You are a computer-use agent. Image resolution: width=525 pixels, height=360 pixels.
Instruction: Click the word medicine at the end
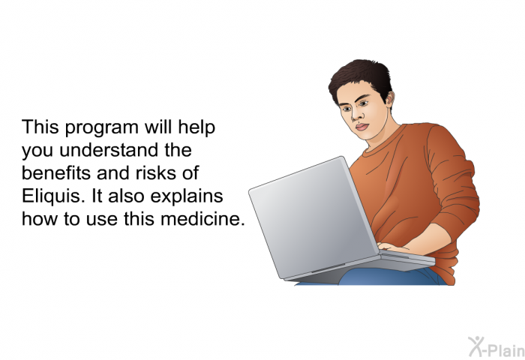tap(203, 219)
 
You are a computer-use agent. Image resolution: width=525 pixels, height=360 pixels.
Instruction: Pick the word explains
tap(187, 197)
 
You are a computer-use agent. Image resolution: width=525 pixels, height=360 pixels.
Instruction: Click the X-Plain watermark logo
tap(496, 347)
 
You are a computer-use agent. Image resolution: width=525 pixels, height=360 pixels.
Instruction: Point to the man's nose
tap(356, 115)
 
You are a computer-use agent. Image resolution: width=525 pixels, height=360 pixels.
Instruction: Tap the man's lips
tap(361, 127)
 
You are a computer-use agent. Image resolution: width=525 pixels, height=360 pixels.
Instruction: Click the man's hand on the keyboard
tap(394, 247)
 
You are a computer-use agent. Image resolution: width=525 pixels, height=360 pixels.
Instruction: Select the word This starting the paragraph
tap(40, 127)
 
